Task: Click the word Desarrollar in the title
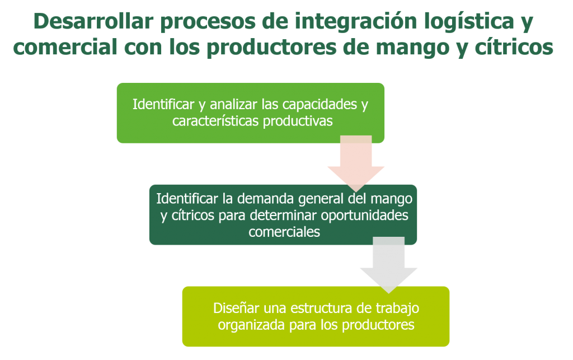pos(93,21)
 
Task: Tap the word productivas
pos(298,121)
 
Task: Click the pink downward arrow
pos(356,163)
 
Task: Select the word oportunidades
pos(365,216)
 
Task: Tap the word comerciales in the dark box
pos(284,232)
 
